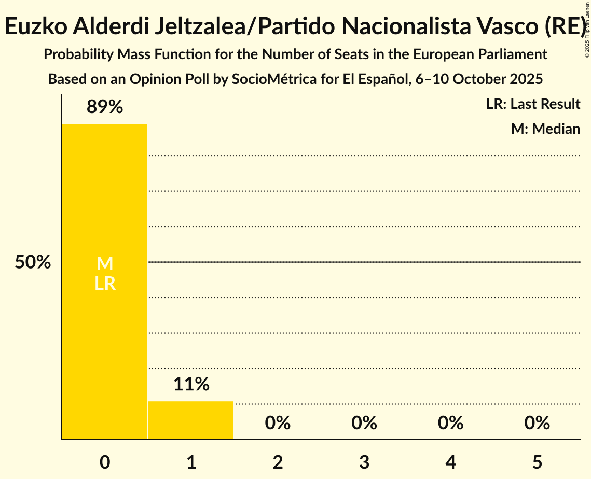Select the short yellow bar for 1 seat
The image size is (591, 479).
pyautogui.click(x=191, y=420)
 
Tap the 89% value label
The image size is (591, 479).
pyautogui.click(x=105, y=107)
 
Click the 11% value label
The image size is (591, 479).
pyautogui.click(x=191, y=384)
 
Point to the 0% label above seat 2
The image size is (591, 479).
pyautogui.click(x=278, y=423)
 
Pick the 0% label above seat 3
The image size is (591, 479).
pyautogui.click(x=364, y=423)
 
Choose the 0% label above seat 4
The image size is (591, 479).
pyautogui.click(x=450, y=423)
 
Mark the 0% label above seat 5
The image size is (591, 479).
pyautogui.click(x=537, y=423)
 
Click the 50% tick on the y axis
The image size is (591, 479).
pyautogui.click(x=33, y=262)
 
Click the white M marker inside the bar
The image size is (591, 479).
pyautogui.click(x=105, y=264)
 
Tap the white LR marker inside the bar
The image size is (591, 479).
pyautogui.click(x=105, y=284)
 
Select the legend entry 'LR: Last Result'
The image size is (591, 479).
pyautogui.click(x=533, y=104)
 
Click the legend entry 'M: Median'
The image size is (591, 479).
pyautogui.click(x=545, y=129)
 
